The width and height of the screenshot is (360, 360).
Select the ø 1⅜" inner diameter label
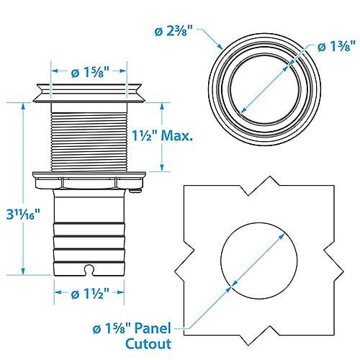click(x=336, y=46)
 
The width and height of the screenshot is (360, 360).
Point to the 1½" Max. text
click(x=163, y=135)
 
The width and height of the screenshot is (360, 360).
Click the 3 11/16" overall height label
click(x=23, y=215)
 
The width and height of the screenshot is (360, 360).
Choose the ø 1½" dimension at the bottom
click(x=90, y=293)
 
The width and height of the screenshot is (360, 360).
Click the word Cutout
click(x=148, y=343)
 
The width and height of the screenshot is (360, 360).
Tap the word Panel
click(x=153, y=328)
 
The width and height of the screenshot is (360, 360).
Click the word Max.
click(x=177, y=135)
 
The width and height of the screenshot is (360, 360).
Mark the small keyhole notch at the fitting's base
click(x=89, y=269)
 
